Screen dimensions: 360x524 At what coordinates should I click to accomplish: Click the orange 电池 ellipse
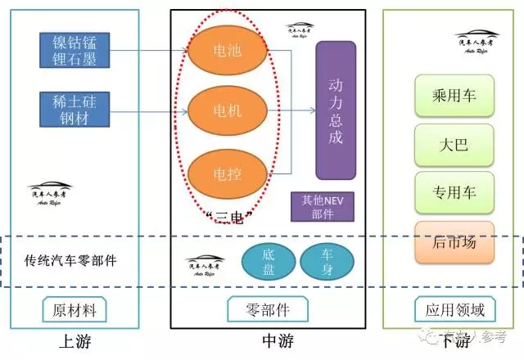pyautogui.click(x=228, y=51)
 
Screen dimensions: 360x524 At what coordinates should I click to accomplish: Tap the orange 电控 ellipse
pyautogui.click(x=228, y=173)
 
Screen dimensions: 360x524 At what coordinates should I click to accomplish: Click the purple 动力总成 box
pyautogui.click(x=336, y=110)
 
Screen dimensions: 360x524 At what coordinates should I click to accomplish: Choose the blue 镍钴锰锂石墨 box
pyautogui.click(x=75, y=49)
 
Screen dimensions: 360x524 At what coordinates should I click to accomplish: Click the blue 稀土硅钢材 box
pyautogui.click(x=75, y=110)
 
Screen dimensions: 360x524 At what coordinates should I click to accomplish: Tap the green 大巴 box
pyautogui.click(x=454, y=146)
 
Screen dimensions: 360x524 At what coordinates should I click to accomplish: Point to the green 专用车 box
pyautogui.click(x=454, y=193)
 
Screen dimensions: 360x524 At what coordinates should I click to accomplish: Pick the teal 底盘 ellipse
pyautogui.click(x=269, y=263)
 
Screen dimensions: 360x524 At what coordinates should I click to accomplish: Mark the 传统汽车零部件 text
pyautogui.click(x=70, y=261)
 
